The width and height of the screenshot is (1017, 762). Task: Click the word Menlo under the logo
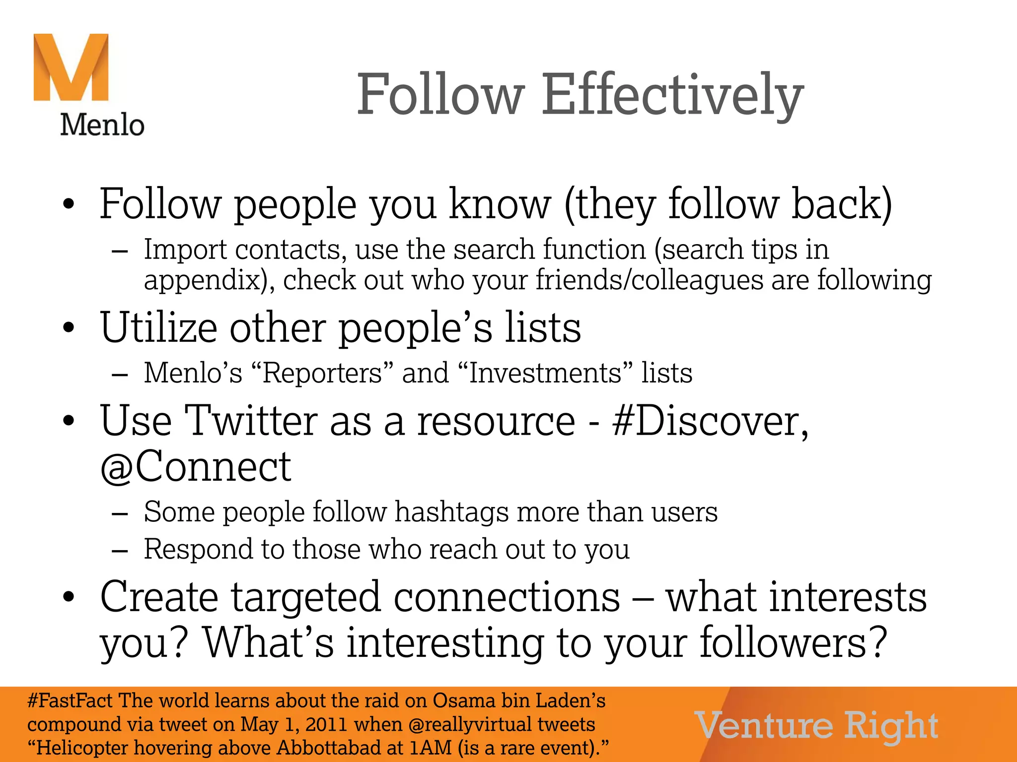coord(102,125)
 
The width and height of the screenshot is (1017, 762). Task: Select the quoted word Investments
coord(544,373)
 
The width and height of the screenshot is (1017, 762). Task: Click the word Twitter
coord(251,421)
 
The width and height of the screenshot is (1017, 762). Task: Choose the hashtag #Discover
coord(710,421)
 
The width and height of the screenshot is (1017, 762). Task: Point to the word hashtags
coord(451,512)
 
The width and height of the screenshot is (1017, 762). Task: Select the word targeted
coord(306,597)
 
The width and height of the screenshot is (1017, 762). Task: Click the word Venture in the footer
coord(764,726)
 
